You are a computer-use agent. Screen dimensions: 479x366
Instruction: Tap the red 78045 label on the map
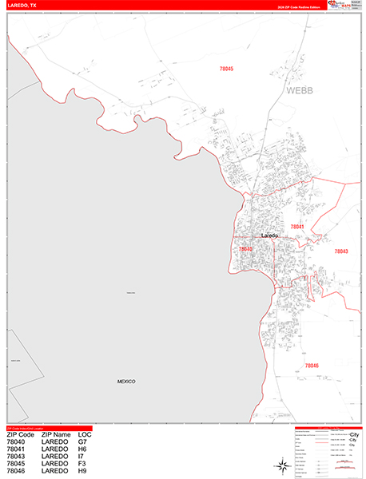226,69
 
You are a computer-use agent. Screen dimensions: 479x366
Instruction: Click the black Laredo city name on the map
269,236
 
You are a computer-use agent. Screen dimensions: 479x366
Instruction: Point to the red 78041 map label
296,228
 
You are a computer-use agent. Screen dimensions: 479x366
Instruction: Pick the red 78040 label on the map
245,249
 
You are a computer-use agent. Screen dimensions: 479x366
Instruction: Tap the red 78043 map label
340,251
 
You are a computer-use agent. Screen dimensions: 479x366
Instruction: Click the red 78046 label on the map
311,366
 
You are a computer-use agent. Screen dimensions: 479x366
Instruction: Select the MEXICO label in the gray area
125,382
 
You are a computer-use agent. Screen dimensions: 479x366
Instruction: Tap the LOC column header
85,434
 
